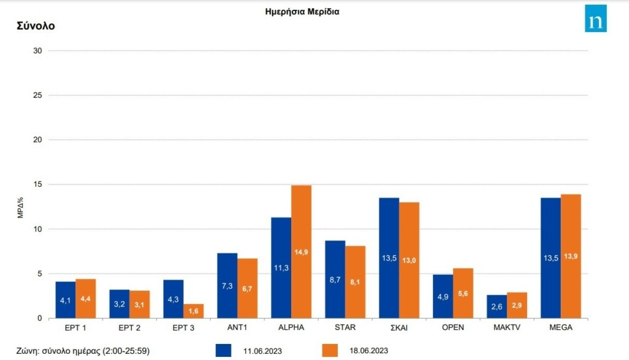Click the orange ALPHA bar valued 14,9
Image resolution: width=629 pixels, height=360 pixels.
301,252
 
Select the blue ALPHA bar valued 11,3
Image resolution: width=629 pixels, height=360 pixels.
281,268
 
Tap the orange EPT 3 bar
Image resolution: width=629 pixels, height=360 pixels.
193,311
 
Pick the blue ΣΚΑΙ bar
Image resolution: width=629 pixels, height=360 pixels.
389,258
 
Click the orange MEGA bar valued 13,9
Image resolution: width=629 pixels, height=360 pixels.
571,256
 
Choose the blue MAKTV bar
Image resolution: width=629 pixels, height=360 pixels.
497,307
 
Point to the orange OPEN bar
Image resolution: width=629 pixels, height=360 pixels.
463,293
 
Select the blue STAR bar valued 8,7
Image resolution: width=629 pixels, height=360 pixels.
335,280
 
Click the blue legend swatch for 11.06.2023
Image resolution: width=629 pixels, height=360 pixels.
224,350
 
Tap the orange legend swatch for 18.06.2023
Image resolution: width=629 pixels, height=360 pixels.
330,350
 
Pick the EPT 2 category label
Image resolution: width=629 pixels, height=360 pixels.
129,327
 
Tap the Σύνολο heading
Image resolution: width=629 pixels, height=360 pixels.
36,26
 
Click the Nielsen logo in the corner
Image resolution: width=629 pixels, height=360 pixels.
595,18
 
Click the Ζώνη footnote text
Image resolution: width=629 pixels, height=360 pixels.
84,350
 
